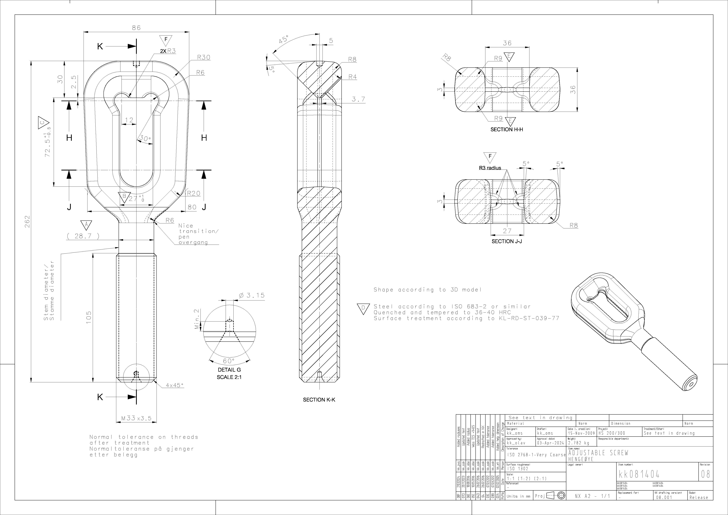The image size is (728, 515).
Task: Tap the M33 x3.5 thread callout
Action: (136, 418)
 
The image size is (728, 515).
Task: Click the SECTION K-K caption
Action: (319, 400)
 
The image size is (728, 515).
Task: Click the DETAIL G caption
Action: (229, 370)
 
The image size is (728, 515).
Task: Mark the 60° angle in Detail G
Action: (229, 361)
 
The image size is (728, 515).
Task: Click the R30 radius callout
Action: (204, 57)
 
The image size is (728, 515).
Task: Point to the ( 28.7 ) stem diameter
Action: (83, 236)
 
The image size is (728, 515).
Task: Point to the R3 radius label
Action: (490, 168)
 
